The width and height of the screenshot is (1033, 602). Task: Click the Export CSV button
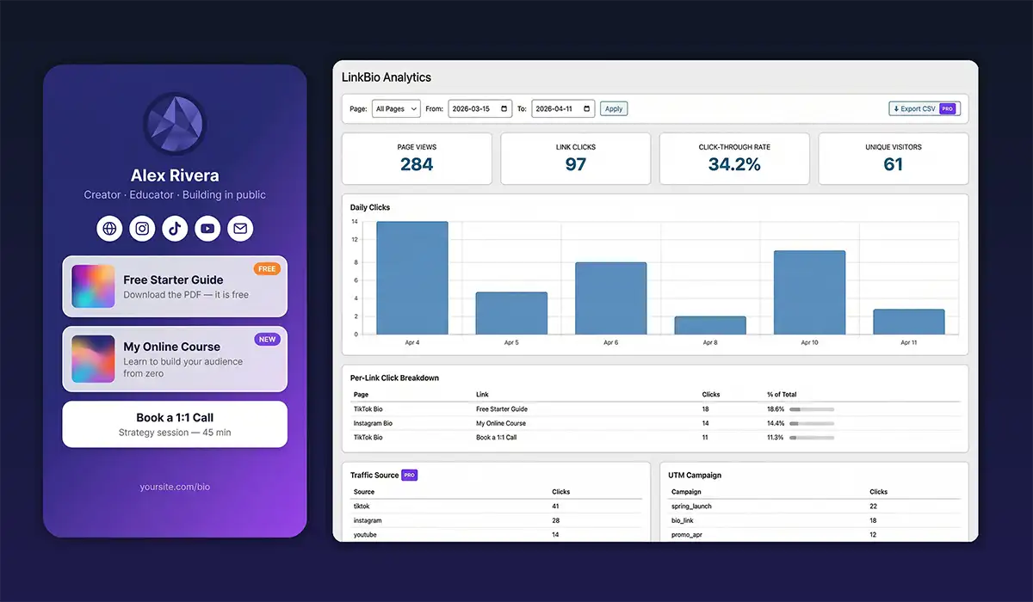coord(924,109)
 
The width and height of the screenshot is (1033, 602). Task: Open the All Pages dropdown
coord(396,109)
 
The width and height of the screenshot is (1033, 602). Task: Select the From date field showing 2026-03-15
coord(479,109)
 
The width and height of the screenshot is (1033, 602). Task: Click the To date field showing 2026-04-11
coord(563,109)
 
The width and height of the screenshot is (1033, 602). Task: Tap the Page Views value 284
coord(417,164)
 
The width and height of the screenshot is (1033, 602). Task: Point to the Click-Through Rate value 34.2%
coord(734,164)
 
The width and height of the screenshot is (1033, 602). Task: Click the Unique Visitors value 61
coord(893,164)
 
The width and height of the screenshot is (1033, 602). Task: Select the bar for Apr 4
coord(411,278)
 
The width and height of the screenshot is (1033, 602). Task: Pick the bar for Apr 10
coord(809,292)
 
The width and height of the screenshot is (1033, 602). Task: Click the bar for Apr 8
coord(710,325)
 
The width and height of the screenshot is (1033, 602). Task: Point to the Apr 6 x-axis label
coord(610,342)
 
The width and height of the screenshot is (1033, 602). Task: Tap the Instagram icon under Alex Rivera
coord(142,229)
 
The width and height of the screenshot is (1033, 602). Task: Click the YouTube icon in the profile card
coord(207,229)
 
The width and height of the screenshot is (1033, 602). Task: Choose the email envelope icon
coord(240,229)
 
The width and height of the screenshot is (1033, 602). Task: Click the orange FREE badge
coord(267,269)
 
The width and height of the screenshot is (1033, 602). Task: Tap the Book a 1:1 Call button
coord(175,424)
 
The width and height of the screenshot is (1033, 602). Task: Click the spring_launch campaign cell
coord(691,507)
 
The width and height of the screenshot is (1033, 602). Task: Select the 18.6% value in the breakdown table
coord(776,409)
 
